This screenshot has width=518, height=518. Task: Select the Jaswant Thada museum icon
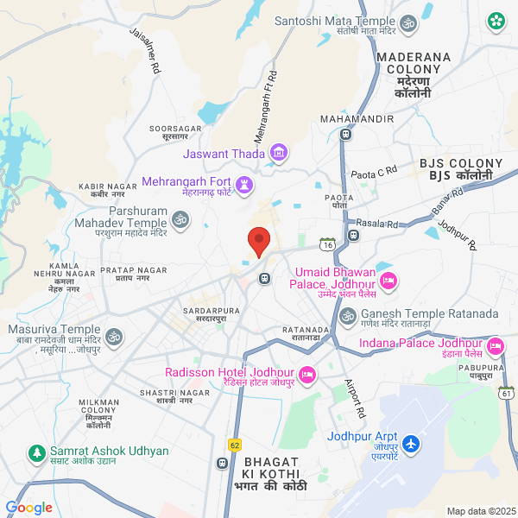pyautogui.click(x=278, y=154)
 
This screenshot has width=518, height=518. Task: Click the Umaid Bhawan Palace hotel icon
pyautogui.click(x=388, y=279)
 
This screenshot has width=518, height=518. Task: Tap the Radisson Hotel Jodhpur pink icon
pyautogui.click(x=308, y=373)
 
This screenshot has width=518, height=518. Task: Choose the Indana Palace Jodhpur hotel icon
pyautogui.click(x=495, y=347)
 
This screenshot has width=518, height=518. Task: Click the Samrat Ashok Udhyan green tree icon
pyautogui.click(x=36, y=452)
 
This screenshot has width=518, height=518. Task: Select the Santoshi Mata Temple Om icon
pyautogui.click(x=410, y=22)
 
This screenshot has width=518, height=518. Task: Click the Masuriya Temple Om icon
pyautogui.click(x=113, y=332)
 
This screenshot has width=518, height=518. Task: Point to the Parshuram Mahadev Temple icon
pyautogui.click(x=180, y=221)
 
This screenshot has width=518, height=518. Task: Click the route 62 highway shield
pyautogui.click(x=235, y=445)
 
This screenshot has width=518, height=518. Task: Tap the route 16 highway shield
pyautogui.click(x=326, y=245)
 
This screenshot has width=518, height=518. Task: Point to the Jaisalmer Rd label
pyautogui.click(x=145, y=50)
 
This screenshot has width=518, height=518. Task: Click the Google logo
pyautogui.click(x=28, y=508)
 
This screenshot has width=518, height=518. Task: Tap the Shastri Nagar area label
pyautogui.click(x=182, y=397)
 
